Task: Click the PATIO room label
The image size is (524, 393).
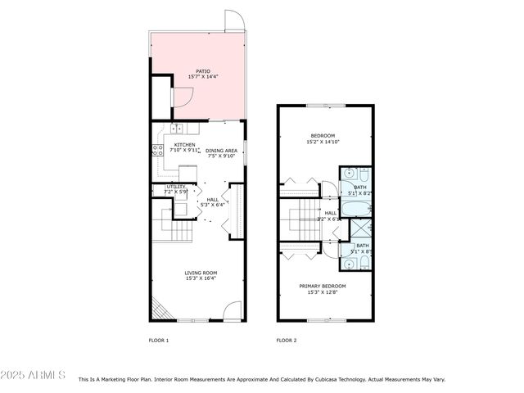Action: [202, 71]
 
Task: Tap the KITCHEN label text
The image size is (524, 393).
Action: [183, 144]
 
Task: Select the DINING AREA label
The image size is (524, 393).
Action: [221, 150]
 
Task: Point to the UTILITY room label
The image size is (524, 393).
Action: [176, 187]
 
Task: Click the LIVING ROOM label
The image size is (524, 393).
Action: [200, 273]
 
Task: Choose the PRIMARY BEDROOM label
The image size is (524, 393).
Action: [322, 286]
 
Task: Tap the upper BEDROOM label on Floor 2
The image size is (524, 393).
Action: [322, 135]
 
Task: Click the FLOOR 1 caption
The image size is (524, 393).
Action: [158, 340]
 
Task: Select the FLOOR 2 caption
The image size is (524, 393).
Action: [286, 340]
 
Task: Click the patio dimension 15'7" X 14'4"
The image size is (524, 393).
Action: [202, 78]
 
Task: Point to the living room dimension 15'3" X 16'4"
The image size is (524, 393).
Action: [200, 279]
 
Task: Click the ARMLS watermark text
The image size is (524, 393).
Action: [34, 375]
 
